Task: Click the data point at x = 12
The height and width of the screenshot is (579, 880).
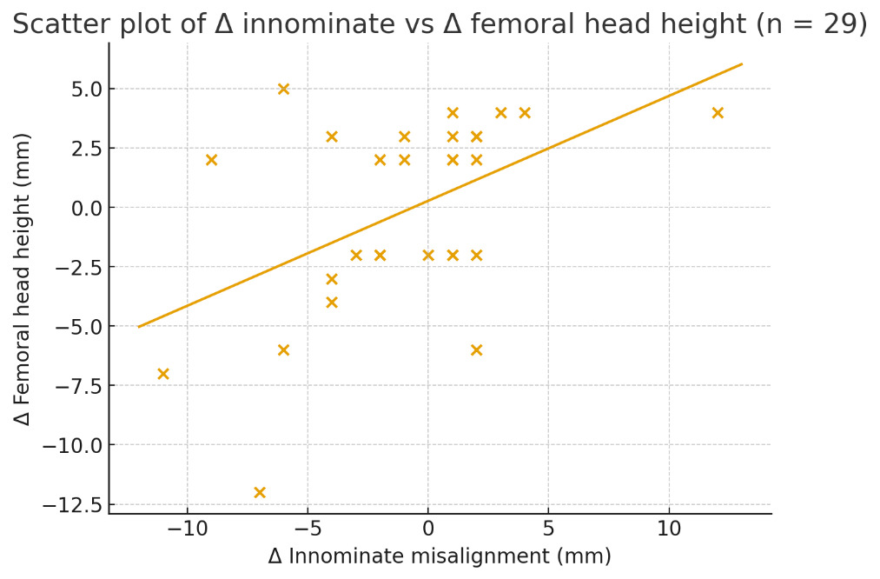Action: click(x=718, y=112)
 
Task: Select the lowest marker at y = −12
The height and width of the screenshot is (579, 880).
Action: click(x=259, y=492)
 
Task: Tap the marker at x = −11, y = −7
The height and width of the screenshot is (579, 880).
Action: click(x=162, y=374)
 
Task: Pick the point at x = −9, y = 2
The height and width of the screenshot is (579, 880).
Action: click(x=211, y=160)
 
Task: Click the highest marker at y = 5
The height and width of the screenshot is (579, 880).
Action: click(x=283, y=89)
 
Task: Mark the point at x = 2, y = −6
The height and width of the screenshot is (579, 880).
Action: click(x=476, y=349)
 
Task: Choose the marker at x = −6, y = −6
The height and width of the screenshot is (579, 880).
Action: click(x=283, y=349)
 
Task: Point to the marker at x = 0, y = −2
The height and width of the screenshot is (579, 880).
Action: click(x=428, y=255)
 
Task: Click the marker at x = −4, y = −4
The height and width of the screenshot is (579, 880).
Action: click(x=331, y=303)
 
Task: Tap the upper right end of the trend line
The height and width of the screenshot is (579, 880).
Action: click(x=742, y=63)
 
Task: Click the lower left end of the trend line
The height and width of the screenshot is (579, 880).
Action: click(x=139, y=327)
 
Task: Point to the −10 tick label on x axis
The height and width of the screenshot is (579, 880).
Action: click(x=187, y=529)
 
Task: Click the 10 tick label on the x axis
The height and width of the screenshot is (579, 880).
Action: click(x=669, y=529)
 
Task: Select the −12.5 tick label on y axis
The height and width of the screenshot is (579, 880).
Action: click(x=77, y=504)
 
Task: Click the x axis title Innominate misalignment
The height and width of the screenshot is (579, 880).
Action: click(x=440, y=556)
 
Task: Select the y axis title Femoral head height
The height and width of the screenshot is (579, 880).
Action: click(x=23, y=278)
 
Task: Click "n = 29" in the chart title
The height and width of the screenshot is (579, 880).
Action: click(x=811, y=24)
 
